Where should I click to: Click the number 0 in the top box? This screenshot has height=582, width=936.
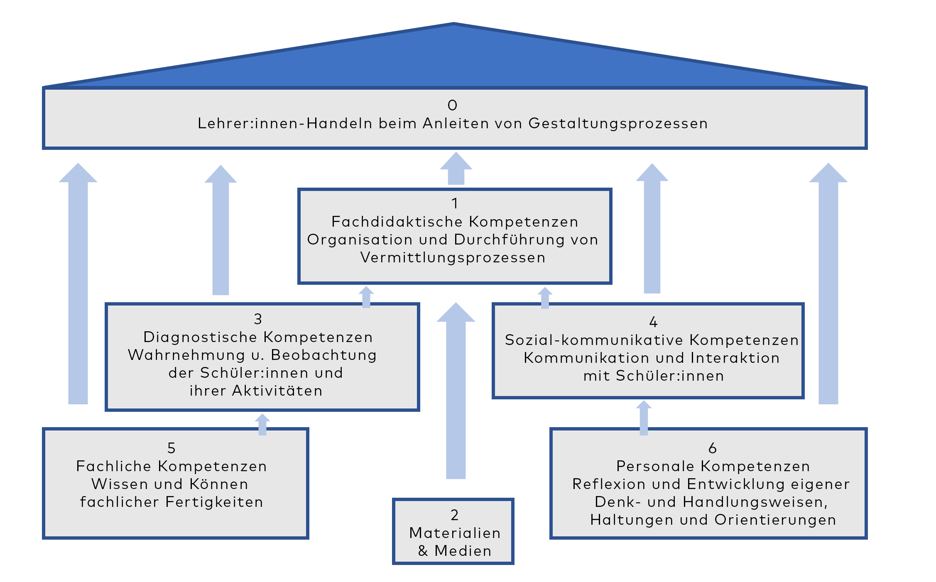point(452,105)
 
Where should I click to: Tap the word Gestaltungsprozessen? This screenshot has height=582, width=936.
point(618,124)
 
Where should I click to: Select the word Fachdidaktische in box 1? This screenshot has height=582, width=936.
point(397,222)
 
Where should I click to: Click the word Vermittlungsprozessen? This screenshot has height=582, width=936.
point(453,258)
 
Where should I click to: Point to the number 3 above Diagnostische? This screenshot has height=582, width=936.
point(258,319)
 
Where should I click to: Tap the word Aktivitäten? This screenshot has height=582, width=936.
point(277,391)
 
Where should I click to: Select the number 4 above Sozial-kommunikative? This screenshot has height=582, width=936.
point(653,322)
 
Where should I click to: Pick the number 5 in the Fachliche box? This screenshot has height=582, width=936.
point(172,448)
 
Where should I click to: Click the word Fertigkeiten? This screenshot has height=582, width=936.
point(214,502)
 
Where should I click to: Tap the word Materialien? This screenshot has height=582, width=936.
point(455,533)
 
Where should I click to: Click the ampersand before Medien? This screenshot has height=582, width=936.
point(423,551)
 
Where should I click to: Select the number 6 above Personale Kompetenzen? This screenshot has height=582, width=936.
point(713,448)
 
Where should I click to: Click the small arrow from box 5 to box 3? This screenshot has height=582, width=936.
point(262,424)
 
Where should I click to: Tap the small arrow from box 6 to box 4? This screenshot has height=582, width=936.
point(644,418)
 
